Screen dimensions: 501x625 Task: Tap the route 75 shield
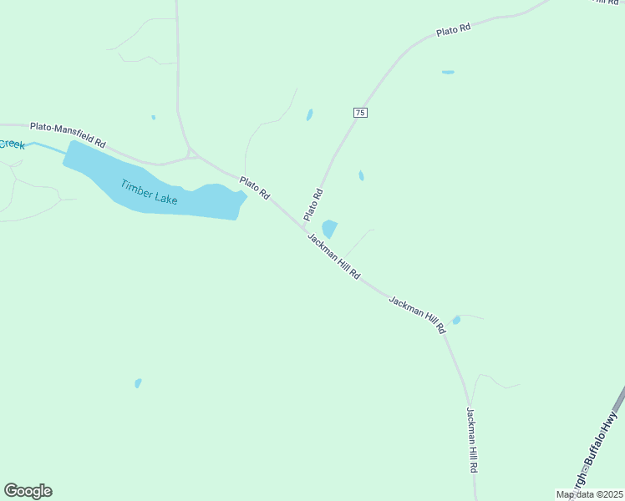point(360,113)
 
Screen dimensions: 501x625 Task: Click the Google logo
point(28,491)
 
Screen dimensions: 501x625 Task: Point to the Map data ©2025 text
point(589,494)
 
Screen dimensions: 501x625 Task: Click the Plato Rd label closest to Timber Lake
point(254,187)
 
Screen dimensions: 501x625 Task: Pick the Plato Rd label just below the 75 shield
point(312,205)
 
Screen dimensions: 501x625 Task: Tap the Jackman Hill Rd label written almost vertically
point(471,441)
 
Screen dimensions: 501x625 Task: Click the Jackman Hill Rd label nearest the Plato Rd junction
point(333,256)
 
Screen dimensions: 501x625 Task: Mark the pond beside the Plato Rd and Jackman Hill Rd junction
point(329,228)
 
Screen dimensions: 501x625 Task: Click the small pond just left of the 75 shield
point(309,115)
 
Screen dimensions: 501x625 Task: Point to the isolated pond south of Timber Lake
point(138,383)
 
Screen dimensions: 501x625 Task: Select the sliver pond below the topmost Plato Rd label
point(448,73)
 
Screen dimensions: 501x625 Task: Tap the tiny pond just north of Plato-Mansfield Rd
point(153,118)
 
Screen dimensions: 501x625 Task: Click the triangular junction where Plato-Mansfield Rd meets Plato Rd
point(191,153)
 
